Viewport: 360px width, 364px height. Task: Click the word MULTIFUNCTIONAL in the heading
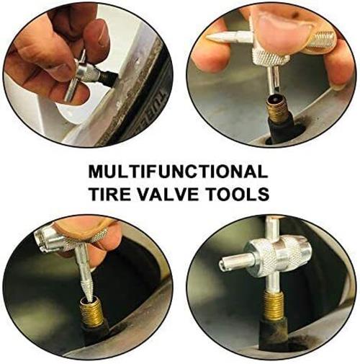coord(178,172)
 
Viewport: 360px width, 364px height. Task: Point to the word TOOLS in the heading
coord(238,194)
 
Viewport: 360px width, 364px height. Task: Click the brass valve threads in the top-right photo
coord(277,112)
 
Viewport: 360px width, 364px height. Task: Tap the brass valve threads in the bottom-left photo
coord(91,312)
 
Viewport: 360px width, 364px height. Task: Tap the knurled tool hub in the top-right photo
coord(267,57)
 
